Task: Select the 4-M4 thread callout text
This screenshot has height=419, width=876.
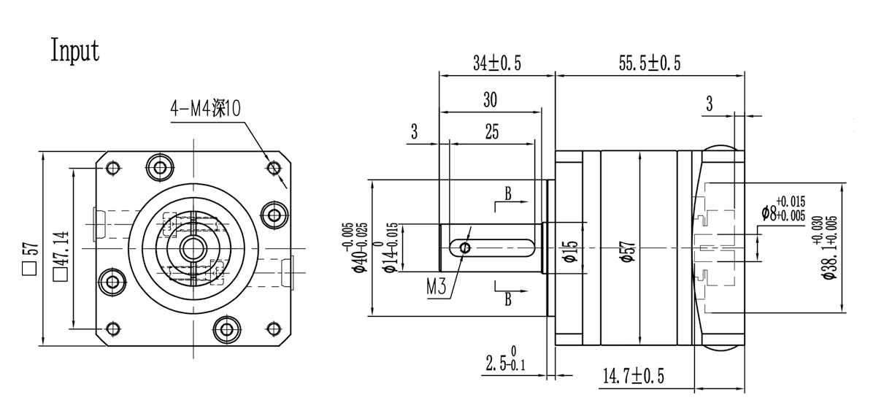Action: (x=205, y=108)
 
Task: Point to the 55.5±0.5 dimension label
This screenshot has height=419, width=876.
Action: (x=650, y=64)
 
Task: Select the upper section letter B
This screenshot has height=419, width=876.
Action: (x=507, y=193)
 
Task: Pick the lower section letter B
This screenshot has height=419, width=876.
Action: (x=507, y=299)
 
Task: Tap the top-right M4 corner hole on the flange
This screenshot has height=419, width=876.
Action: (x=274, y=168)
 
